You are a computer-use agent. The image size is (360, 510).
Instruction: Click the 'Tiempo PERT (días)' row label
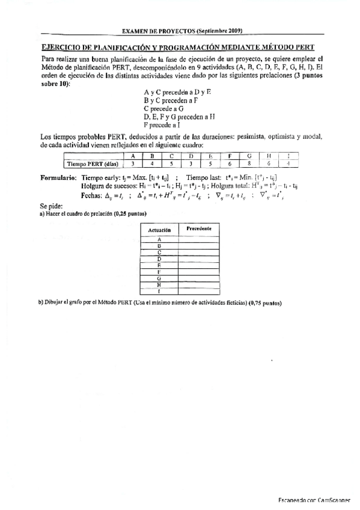92,164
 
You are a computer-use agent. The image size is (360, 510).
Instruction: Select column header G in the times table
248,156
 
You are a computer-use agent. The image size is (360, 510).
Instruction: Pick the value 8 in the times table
248,164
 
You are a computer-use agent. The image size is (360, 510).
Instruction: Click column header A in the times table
132,156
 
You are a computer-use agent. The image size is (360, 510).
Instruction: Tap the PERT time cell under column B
152,164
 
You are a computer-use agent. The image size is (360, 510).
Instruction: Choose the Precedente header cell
198,229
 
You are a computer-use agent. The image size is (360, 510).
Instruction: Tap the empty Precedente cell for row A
199,239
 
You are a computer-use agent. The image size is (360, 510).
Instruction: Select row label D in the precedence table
159,259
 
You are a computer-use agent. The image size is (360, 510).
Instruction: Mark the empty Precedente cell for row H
199,284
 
